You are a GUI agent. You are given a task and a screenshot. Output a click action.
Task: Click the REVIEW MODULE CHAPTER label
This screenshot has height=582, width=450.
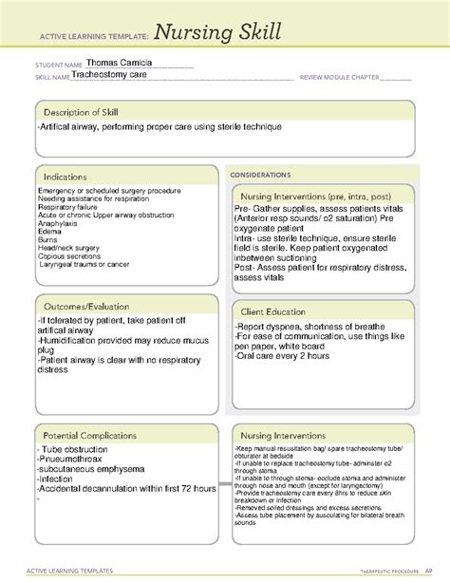(x=343, y=77)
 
